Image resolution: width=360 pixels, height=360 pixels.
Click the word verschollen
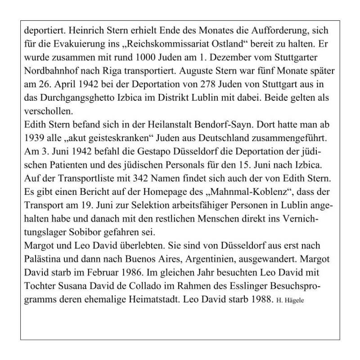coord(47,110)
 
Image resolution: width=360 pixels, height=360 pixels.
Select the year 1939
coord(34,136)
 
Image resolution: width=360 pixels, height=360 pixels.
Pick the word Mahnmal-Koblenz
coord(241,189)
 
